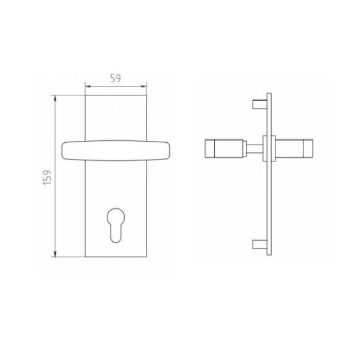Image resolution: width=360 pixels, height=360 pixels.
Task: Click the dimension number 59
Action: pos(115,78)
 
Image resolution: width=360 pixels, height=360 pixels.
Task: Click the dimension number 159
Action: pos(47,178)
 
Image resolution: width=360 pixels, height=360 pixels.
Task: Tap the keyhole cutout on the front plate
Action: pos(116,225)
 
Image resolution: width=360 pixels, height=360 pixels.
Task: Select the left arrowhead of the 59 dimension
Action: pos(88,86)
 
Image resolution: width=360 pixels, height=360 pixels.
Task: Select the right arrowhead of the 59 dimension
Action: pos(143,86)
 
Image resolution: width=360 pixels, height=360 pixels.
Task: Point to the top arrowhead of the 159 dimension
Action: pos(55,98)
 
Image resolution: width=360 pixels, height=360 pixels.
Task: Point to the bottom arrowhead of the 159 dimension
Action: pos(55,254)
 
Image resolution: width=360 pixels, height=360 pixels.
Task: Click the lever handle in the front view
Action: pos(116,151)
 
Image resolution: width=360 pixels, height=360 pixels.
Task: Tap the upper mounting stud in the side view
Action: pos(260,104)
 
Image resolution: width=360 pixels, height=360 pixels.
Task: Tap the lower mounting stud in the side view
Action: pos(260,244)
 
